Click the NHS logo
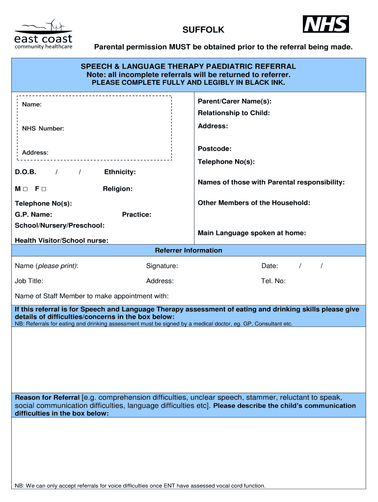(326, 24)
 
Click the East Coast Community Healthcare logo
(43, 35)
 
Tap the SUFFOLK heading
(203, 30)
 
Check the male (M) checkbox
(25, 189)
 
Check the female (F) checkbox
(44, 189)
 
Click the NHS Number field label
(43, 128)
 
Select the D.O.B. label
(26, 172)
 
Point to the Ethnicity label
(120, 172)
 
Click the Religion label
(117, 189)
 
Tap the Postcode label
(215, 149)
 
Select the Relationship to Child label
(234, 113)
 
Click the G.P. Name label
(34, 214)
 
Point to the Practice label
(136, 214)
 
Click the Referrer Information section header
(189, 251)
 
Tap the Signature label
(162, 266)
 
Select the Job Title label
(29, 281)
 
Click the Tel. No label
(273, 281)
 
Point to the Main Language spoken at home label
(252, 233)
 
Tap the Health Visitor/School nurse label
(62, 240)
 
